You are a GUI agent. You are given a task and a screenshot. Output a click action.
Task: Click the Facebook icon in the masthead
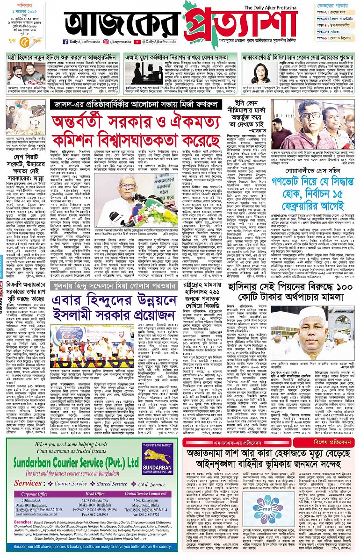tap(65, 42)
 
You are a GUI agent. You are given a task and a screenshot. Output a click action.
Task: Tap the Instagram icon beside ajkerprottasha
tap(106, 42)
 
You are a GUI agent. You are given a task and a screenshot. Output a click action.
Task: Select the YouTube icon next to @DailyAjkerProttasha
tap(137, 42)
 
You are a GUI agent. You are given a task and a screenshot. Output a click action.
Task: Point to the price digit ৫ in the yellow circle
tap(21, 41)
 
